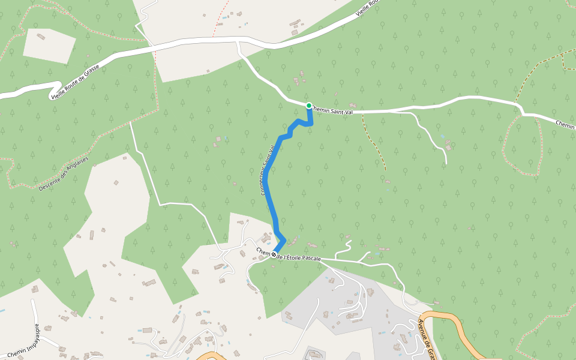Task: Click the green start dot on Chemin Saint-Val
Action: pos(309,106)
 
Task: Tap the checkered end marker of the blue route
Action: pos(274,255)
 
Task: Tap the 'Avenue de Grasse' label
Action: pos(425,340)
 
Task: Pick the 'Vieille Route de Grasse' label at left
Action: pos(75,82)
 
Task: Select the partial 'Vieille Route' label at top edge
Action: pos(368,7)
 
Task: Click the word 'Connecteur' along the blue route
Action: pos(264,183)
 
